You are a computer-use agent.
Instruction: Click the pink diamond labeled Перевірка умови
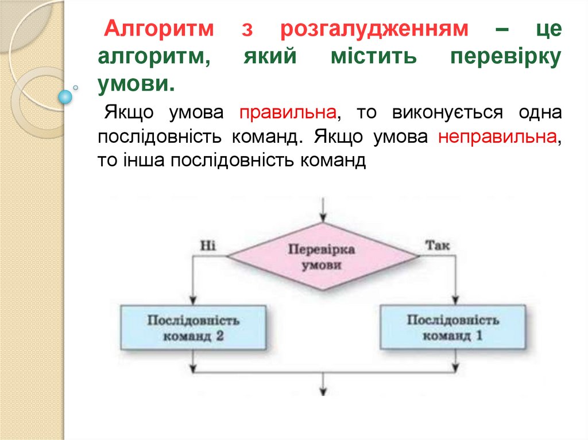click(x=322, y=258)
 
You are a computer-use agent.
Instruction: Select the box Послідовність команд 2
click(x=194, y=328)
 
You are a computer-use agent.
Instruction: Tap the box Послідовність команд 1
click(x=452, y=328)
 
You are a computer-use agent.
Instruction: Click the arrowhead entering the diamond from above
click(x=323, y=217)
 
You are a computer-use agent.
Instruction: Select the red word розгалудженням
click(x=374, y=29)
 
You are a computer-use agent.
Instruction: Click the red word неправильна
click(x=497, y=138)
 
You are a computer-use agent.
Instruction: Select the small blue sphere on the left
click(x=65, y=97)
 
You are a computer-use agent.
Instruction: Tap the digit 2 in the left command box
click(x=219, y=337)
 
